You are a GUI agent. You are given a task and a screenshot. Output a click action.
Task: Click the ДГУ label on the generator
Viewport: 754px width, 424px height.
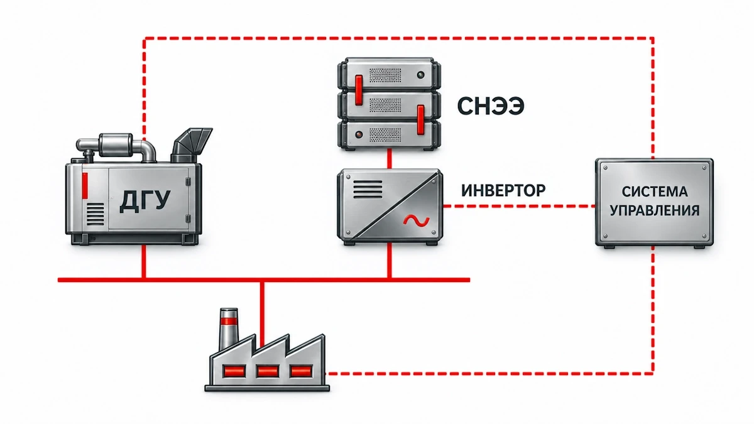pos(145,201)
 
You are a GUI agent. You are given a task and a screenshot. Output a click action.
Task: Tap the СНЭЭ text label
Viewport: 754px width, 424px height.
pos(491,106)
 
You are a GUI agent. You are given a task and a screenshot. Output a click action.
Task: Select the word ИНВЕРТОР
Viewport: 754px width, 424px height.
pos(503,190)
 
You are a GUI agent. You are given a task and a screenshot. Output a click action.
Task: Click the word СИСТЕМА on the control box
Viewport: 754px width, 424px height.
pos(655,192)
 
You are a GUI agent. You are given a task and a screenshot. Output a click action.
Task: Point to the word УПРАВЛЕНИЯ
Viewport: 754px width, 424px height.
pos(655,210)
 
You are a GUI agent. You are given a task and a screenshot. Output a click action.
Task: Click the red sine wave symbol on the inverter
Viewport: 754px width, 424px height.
pos(417,220)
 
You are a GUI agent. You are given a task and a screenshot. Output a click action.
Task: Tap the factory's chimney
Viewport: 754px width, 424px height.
pos(229,328)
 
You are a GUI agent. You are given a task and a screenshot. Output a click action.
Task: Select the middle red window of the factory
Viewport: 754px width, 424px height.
pos(267,371)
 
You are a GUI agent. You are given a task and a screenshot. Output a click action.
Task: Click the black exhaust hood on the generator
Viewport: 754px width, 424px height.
pos(191,145)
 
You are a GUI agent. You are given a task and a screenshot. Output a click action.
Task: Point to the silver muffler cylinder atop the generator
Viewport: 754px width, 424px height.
pos(116,145)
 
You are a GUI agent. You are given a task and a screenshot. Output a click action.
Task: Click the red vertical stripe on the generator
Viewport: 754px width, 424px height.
pos(85,185)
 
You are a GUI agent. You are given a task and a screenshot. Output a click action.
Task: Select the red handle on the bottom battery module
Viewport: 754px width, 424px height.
pos(420,120)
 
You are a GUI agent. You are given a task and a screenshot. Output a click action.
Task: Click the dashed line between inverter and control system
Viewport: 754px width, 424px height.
pos(519,206)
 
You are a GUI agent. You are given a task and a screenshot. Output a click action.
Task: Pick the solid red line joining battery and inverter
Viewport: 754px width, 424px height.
pos(390,159)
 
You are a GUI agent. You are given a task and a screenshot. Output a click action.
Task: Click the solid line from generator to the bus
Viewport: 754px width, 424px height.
pos(144,261)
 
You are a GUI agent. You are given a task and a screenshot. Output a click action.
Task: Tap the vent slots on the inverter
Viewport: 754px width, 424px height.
pos(368,189)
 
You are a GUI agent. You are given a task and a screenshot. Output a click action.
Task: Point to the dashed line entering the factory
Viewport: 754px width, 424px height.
pos(491,373)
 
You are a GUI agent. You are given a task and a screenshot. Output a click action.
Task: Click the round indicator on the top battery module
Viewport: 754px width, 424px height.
pos(420,75)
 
